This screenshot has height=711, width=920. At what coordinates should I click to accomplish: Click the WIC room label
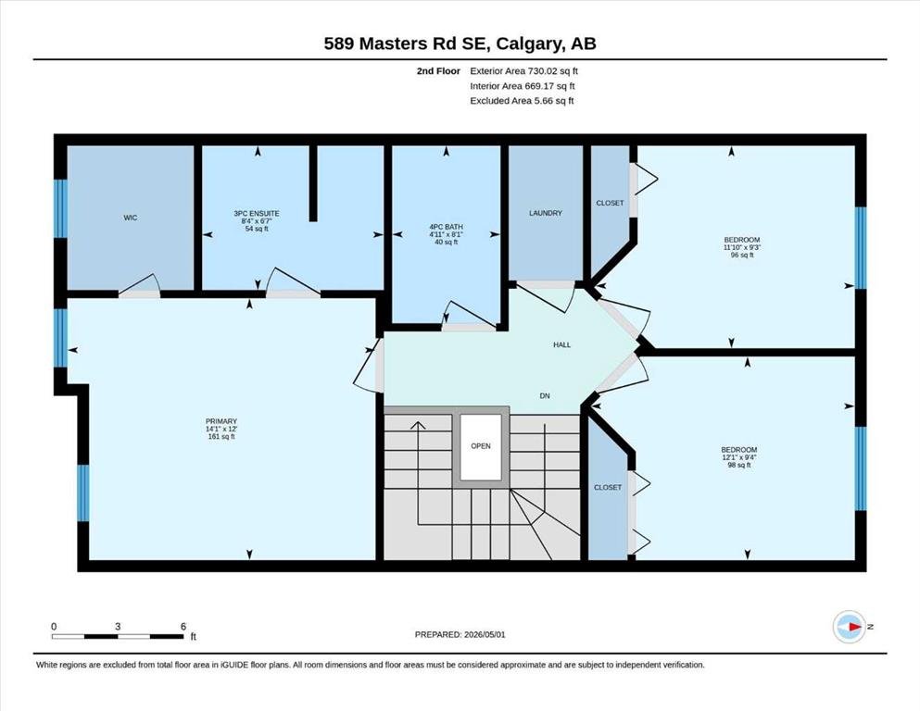click(131, 218)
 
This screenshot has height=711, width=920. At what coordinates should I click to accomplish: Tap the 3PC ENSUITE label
click(257, 213)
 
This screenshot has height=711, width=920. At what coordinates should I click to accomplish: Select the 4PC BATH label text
click(446, 227)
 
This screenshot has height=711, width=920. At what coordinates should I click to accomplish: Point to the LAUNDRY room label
click(546, 213)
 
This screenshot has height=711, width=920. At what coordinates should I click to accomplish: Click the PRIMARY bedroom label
click(221, 421)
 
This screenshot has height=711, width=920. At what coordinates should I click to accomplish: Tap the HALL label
click(562, 344)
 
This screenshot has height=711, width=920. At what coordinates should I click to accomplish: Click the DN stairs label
click(545, 395)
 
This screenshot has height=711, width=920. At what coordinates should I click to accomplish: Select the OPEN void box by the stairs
click(481, 447)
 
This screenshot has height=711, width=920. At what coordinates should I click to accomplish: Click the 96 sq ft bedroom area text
click(742, 255)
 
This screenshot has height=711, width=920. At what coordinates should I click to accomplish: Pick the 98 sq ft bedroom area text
click(739, 465)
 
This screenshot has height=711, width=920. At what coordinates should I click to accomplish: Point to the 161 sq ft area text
click(221, 436)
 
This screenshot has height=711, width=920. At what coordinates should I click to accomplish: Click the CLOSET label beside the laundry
click(611, 203)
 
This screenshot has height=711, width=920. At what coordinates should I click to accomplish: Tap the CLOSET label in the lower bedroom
click(608, 487)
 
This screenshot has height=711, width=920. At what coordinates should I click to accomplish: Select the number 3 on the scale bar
click(118, 626)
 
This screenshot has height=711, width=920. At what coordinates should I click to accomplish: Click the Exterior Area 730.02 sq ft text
click(524, 71)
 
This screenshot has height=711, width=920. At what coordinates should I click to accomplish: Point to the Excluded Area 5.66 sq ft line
click(522, 100)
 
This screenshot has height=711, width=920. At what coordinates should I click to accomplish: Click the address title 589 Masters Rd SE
click(409, 44)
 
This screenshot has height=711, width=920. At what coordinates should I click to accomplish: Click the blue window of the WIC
click(60, 208)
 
